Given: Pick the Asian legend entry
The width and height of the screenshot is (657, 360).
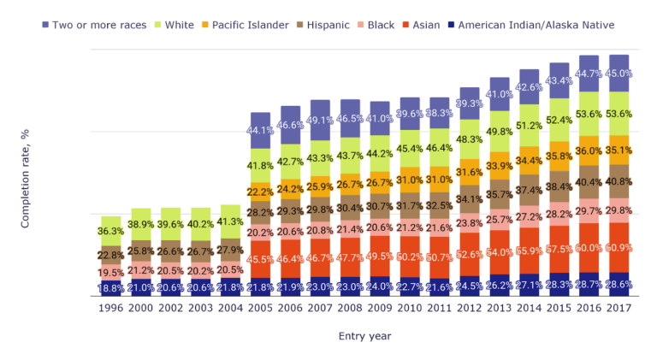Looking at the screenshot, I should click(426, 25).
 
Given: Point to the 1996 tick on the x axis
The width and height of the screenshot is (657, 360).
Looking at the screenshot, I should click(111, 308).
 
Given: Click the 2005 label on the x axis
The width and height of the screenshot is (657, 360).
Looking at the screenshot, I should click(261, 308).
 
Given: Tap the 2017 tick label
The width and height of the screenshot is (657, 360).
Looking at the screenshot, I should click(619, 308).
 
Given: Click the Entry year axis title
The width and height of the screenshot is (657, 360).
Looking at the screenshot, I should click(364, 336).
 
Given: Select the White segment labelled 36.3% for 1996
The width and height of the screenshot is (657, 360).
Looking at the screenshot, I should click(111, 231).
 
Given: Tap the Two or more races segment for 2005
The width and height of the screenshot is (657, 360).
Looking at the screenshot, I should click(261, 130).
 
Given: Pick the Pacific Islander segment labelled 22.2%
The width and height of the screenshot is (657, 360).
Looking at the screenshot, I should click(261, 192).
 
